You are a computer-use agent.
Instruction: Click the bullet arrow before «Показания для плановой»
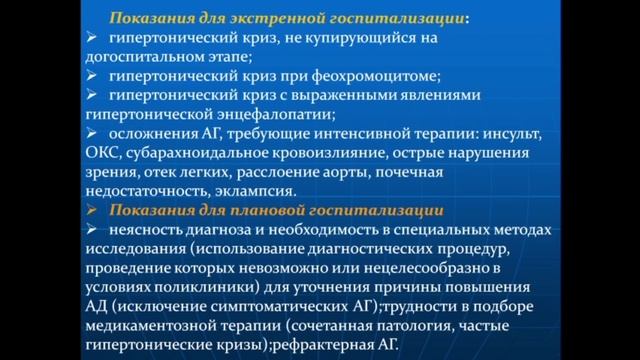pos(91,209)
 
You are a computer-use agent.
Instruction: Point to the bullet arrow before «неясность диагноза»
pos(91,228)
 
